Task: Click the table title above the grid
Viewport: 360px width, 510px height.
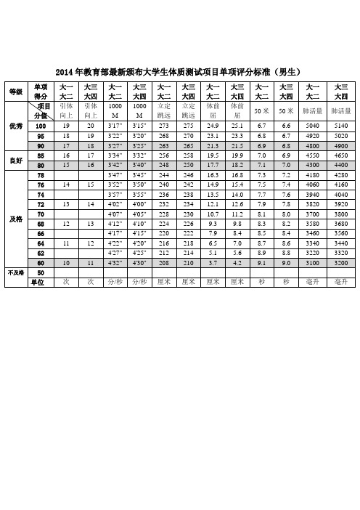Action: (179, 70)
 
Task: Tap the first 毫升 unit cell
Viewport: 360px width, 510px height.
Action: (312, 321)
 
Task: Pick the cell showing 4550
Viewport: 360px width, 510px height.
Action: (312, 155)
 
